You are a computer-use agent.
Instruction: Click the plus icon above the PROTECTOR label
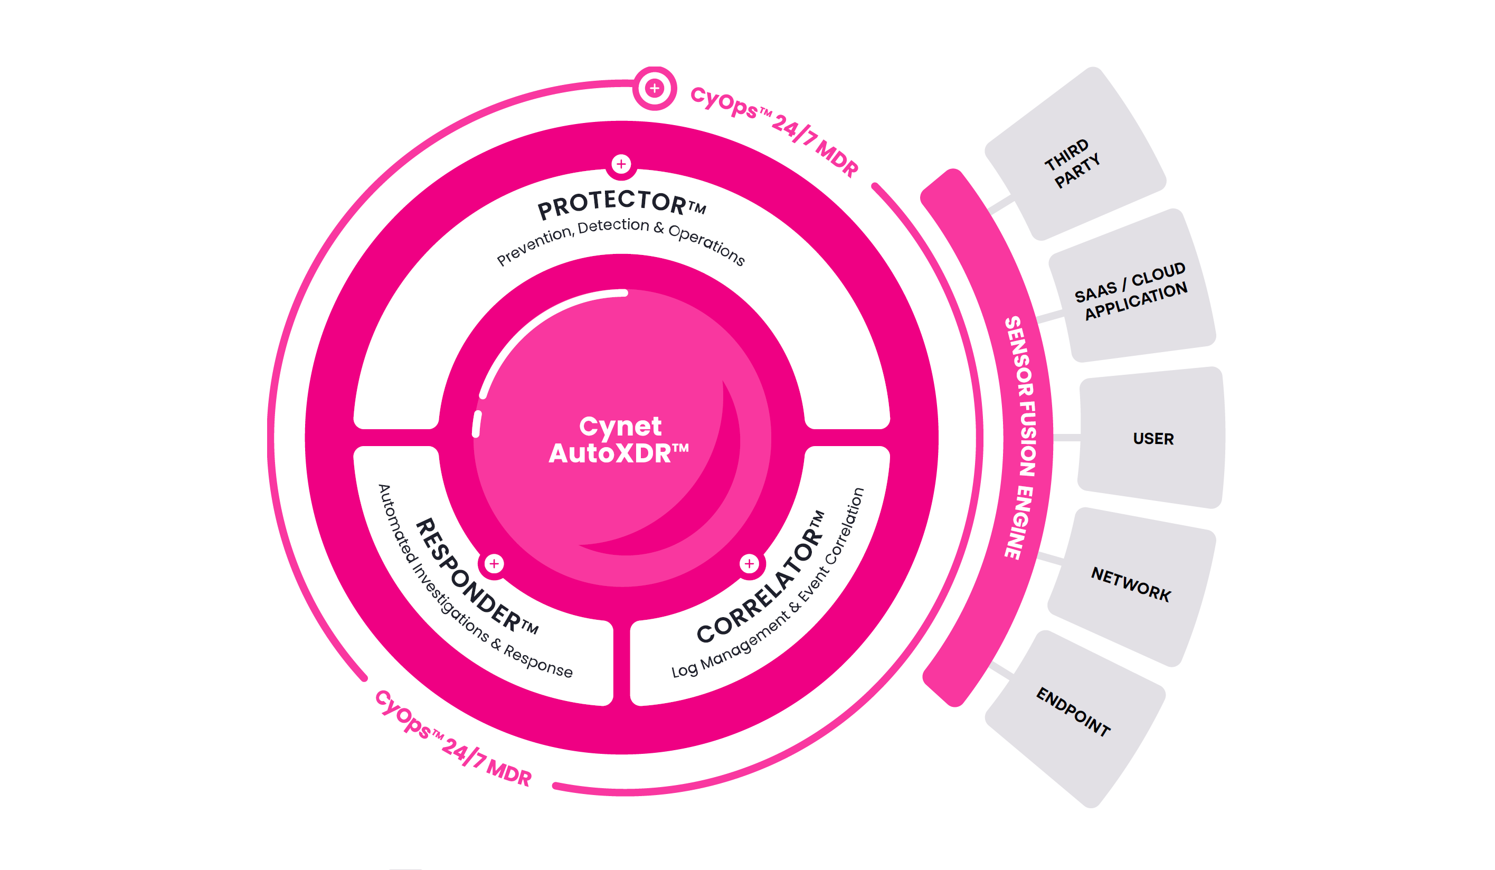(621, 164)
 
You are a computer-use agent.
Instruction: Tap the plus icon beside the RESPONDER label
(494, 563)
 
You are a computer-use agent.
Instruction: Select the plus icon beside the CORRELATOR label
(749, 563)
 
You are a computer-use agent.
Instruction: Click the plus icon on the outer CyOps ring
(655, 88)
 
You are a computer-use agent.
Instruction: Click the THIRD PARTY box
(1075, 154)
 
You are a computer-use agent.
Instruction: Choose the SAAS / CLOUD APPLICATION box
(1132, 286)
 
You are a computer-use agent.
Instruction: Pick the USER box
(1151, 438)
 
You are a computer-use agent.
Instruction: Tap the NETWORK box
(1132, 587)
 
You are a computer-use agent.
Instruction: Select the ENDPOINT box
(1075, 719)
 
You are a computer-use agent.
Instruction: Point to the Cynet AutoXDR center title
(619, 440)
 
